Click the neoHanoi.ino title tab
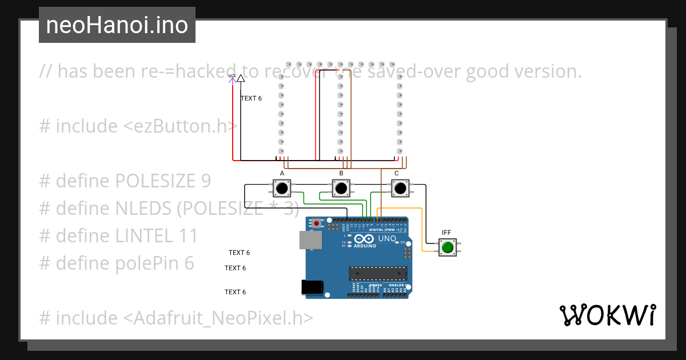coord(117,25)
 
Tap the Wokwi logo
coord(607,315)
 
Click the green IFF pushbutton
coord(447,247)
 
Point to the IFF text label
coord(446,233)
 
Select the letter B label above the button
coord(341,173)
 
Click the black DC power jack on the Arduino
coord(313,288)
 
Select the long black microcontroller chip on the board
coord(378,274)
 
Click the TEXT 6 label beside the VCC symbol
coord(251,98)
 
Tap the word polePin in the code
coord(147,263)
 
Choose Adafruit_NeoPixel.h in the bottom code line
coord(222,318)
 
